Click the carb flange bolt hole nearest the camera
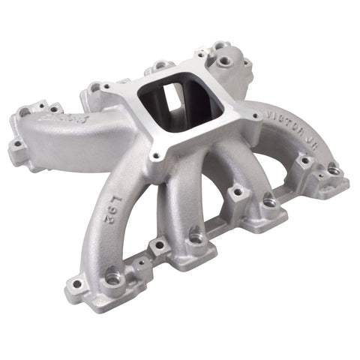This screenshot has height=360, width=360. point(156,157)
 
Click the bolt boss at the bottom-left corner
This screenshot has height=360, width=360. point(75,284)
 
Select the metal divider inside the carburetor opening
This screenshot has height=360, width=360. point(178,101)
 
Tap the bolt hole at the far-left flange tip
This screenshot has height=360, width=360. point(16,142)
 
